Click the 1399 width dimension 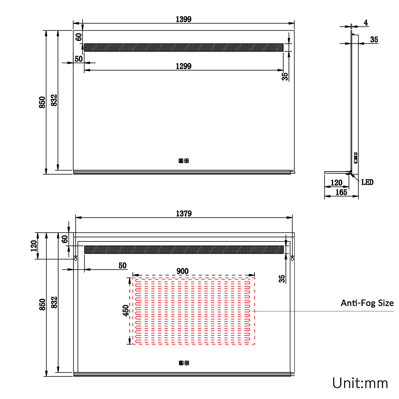click(x=184, y=19)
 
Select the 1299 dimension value click(x=184, y=66)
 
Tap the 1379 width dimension click(x=184, y=213)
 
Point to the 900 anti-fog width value click(x=182, y=271)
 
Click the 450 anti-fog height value click(x=126, y=310)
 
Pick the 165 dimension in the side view click(x=341, y=192)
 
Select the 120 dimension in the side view click(x=336, y=182)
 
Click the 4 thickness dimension click(x=366, y=23)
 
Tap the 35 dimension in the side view click(x=374, y=39)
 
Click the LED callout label click(x=367, y=182)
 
